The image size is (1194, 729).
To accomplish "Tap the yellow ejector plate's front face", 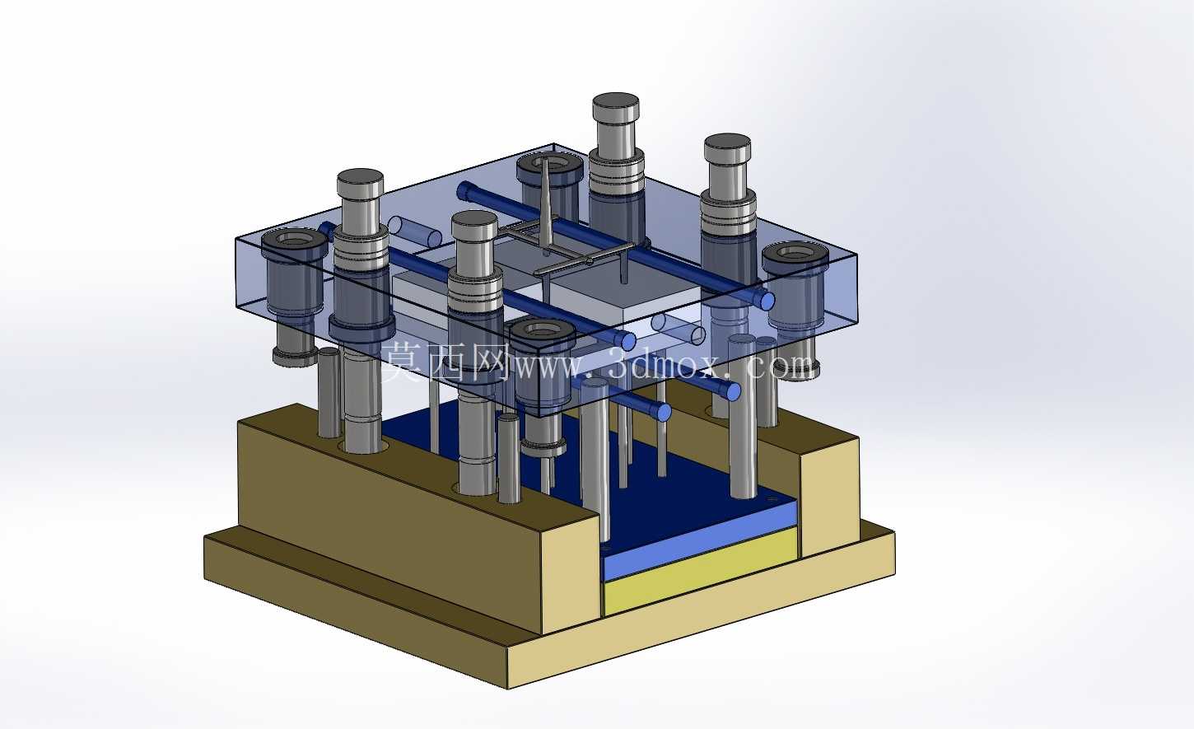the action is tap(701, 572).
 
